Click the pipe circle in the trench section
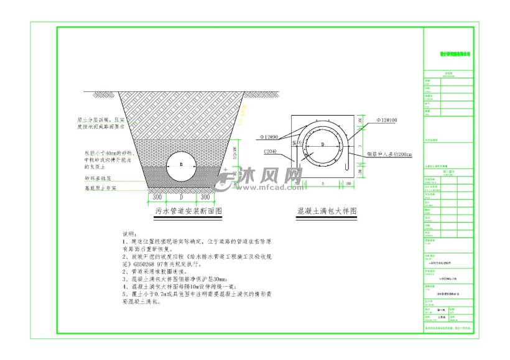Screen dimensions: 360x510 181,166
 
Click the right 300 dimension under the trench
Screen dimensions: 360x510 205,197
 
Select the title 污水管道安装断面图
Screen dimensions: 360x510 188,211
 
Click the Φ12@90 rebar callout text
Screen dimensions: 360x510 271,136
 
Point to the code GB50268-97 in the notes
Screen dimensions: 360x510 162,264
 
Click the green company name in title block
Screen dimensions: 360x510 455,54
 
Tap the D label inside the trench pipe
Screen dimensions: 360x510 181,165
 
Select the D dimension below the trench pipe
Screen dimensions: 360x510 181,197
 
